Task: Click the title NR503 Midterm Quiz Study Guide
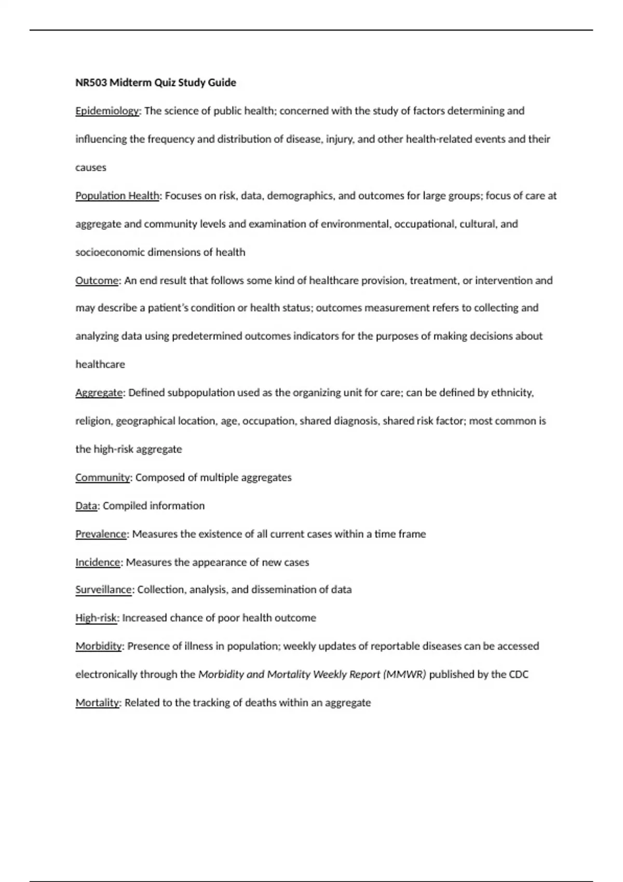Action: pyautogui.click(x=156, y=82)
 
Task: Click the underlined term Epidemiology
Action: pyautogui.click(x=107, y=111)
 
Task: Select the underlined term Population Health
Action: pyautogui.click(x=117, y=196)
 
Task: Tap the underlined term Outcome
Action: pyautogui.click(x=97, y=281)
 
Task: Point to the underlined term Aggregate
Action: pyautogui.click(x=99, y=393)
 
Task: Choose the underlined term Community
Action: pyautogui.click(x=102, y=477)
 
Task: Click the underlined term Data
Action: pyautogui.click(x=86, y=506)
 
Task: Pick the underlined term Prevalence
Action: pyautogui.click(x=101, y=534)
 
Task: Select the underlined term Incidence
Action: pyautogui.click(x=98, y=562)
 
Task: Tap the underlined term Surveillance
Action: pyautogui.click(x=103, y=590)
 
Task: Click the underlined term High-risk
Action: pyautogui.click(x=96, y=618)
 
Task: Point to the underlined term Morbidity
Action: pyautogui.click(x=99, y=646)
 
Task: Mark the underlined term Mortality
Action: pyautogui.click(x=98, y=703)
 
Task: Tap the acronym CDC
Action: pyautogui.click(x=518, y=674)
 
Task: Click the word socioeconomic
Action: pyautogui.click(x=110, y=253)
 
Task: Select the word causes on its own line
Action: pyautogui.click(x=91, y=168)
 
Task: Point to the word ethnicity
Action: pyautogui.click(x=512, y=393)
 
